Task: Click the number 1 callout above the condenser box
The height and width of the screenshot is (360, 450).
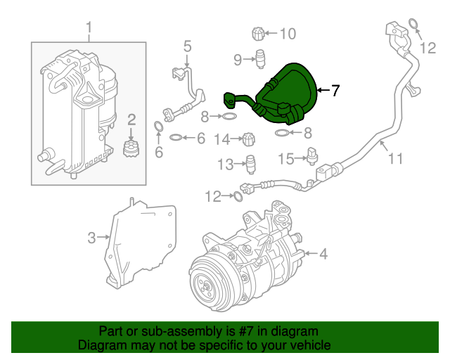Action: coord(89,28)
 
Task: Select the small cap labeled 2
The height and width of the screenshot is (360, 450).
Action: coord(129,149)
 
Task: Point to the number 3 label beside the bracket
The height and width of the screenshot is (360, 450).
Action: coord(91,238)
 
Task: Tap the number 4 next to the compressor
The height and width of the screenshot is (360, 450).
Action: coord(324,254)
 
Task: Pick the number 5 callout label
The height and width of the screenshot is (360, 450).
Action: coord(187,46)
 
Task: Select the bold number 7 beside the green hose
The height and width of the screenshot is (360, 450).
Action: coord(335,90)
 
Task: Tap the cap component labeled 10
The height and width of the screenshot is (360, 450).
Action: coord(259,33)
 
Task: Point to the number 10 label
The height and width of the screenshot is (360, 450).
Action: coord(288,33)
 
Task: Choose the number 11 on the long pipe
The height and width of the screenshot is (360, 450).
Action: coord(395,159)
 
